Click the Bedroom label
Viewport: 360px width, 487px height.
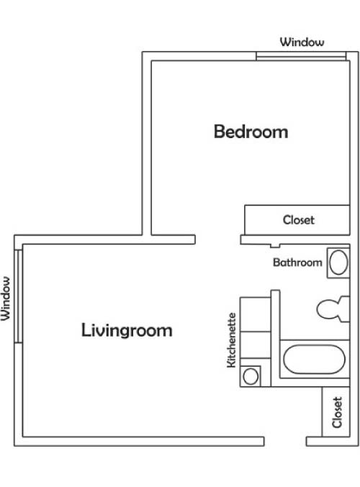tap(251, 132)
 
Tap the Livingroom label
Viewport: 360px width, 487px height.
tap(127, 330)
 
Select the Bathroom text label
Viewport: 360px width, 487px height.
tap(297, 263)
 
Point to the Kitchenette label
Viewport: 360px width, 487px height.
tap(232, 340)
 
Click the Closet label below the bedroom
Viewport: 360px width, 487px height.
tap(299, 220)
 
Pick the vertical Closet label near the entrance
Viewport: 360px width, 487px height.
tap(337, 412)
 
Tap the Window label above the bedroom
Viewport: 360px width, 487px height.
tap(302, 42)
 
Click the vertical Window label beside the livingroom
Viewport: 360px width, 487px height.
tap(6, 299)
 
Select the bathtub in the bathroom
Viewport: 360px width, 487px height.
tap(315, 360)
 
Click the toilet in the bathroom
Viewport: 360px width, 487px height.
tap(333, 309)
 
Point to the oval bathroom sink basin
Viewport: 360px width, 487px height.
tap(338, 263)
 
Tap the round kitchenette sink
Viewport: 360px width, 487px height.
tap(251, 376)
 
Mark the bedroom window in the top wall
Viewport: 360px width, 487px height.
tap(301, 56)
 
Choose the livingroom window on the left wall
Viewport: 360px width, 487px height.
tap(19, 296)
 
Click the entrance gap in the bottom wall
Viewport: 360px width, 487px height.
tap(285, 442)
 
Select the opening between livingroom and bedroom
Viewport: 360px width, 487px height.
tap(217, 240)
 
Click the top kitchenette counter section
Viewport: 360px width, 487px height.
tap(255, 314)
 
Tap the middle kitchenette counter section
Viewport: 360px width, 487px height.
tap(255, 345)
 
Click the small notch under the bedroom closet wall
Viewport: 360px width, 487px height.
tap(275, 246)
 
